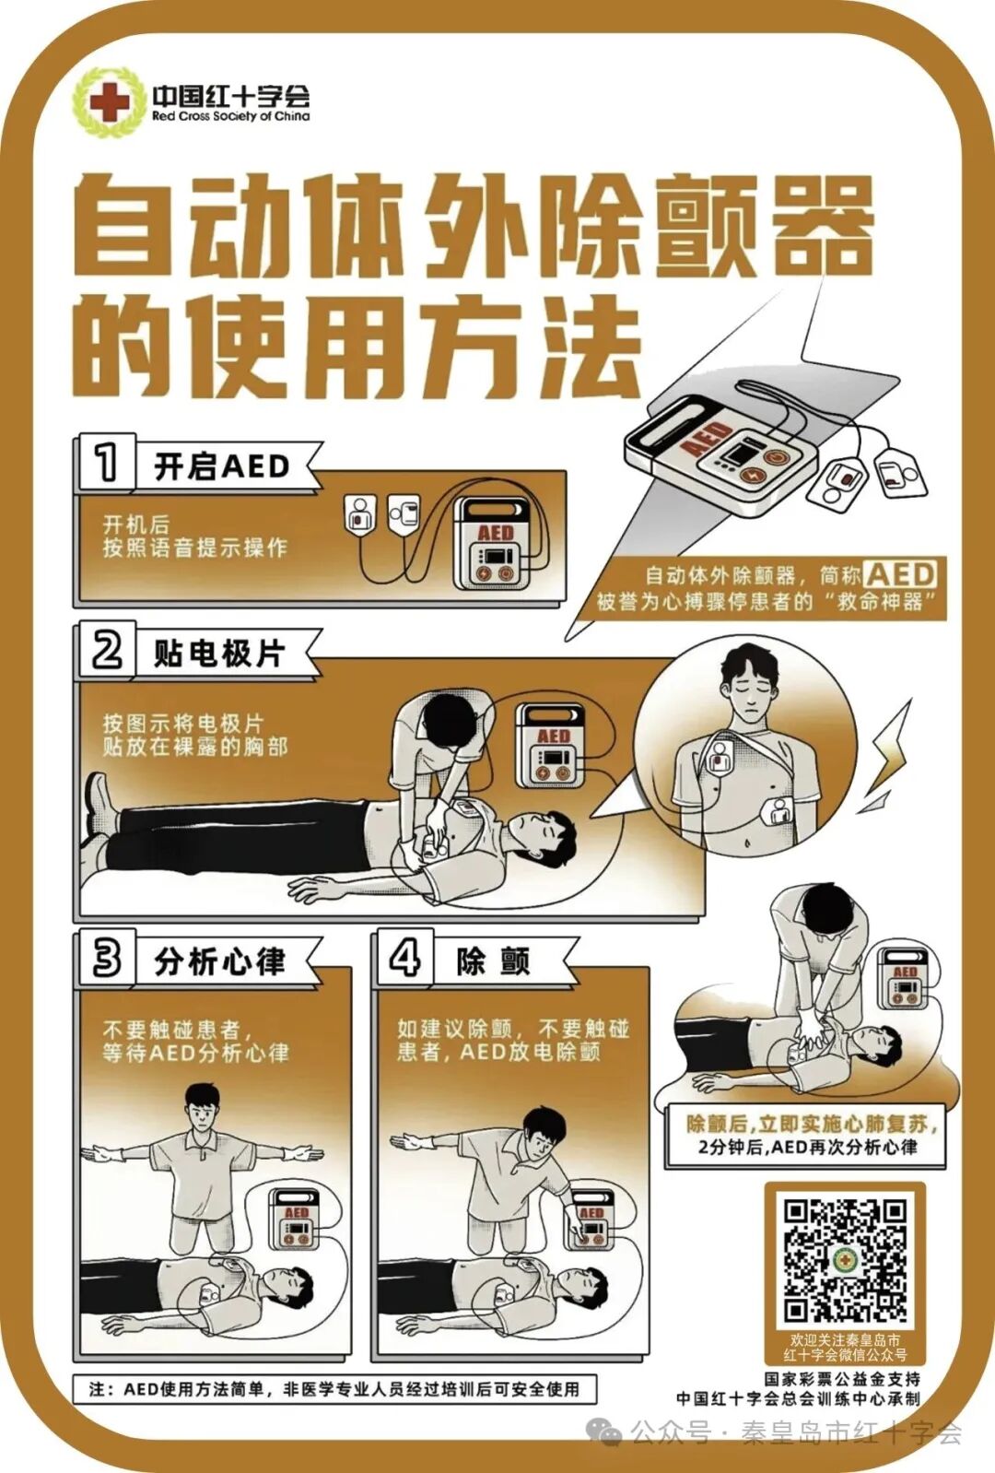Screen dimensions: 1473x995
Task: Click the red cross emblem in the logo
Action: [x=110, y=101]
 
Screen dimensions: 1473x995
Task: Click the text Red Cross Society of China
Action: [x=230, y=117]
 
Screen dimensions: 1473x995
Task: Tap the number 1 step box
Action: [x=106, y=462]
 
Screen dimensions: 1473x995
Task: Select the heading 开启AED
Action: [x=222, y=466]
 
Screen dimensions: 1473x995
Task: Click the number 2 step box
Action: [x=106, y=651]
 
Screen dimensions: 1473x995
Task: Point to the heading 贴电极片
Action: [x=219, y=654]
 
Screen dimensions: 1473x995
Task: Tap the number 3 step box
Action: [x=106, y=958]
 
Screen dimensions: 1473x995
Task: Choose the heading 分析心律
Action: [x=219, y=961]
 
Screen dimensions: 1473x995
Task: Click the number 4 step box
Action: [x=404, y=958]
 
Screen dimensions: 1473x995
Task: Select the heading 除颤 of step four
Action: [x=494, y=961]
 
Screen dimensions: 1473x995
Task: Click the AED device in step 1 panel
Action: [x=496, y=544]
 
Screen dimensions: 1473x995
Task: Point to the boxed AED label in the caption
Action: [x=900, y=575]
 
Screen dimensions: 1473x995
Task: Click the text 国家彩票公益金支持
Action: [x=842, y=1379]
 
